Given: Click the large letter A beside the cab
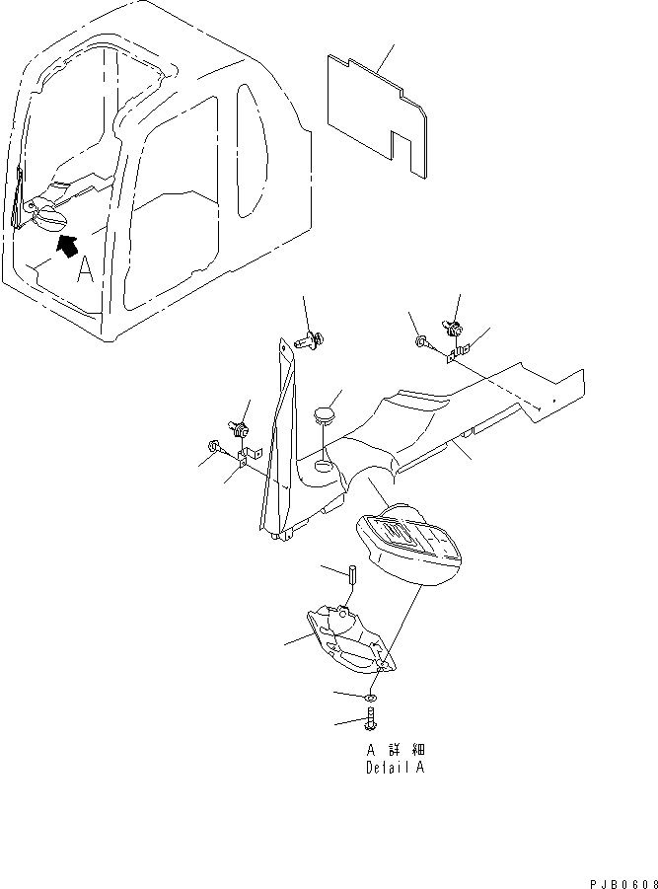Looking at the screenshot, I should coord(86,269).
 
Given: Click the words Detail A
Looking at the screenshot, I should coord(394,767).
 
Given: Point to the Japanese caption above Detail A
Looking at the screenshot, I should coord(394,749).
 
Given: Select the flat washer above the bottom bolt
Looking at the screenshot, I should coord(369,696).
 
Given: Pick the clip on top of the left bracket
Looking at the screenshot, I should coord(238,430).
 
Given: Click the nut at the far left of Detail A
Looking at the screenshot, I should coord(213,446).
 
